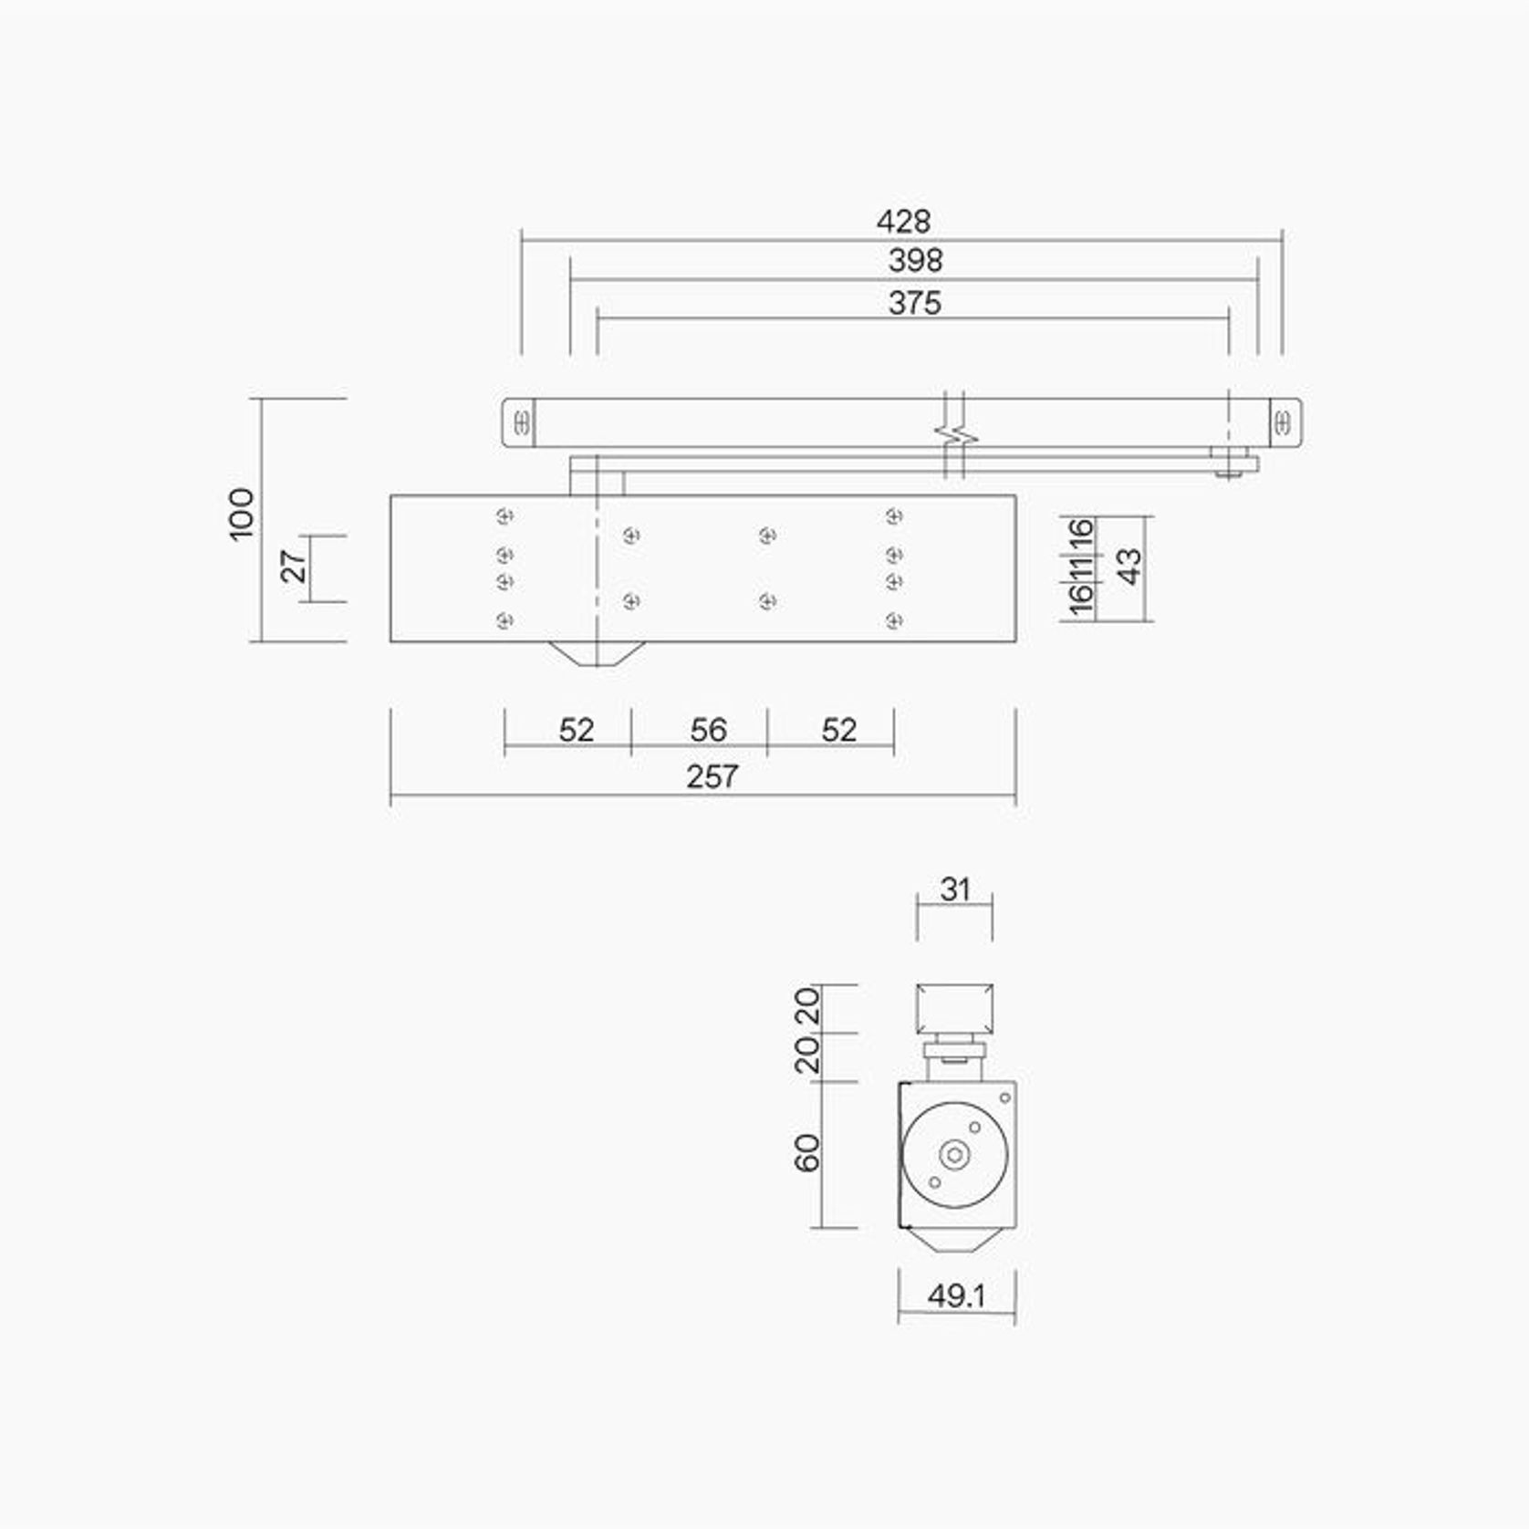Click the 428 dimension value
[x=903, y=222]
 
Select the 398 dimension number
[x=915, y=261]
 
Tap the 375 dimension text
[x=914, y=303]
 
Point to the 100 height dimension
[x=242, y=515]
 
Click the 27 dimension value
[x=294, y=567]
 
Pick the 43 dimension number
[x=1129, y=567]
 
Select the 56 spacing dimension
[x=708, y=730]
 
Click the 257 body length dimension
[x=712, y=777]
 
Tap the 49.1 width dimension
[x=956, y=1296]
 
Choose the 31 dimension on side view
[x=954, y=889]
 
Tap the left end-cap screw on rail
[x=522, y=423]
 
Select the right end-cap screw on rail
[x=1283, y=423]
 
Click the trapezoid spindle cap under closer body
[x=596, y=653]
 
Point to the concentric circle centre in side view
[x=954, y=1155]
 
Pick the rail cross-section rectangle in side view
[x=954, y=1009]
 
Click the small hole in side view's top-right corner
[x=1005, y=1097]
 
